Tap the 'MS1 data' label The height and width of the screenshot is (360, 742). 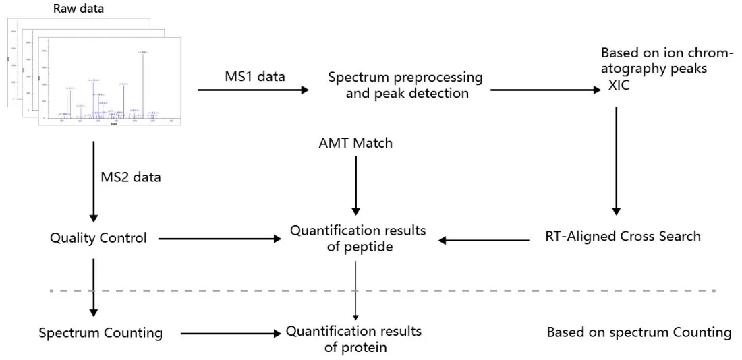[x=254, y=76]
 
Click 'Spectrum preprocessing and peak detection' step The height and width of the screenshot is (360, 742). [x=406, y=85]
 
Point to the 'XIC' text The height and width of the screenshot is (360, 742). [x=619, y=85]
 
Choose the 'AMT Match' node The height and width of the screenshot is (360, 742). [x=355, y=143]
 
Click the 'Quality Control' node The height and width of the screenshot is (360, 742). [x=98, y=237]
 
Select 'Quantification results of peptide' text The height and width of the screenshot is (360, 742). [x=358, y=239]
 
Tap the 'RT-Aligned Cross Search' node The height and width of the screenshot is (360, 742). [x=623, y=236]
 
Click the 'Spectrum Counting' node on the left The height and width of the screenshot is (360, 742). [x=101, y=332]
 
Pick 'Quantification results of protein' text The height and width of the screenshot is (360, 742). [x=353, y=338]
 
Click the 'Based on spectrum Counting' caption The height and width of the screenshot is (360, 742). [x=639, y=332]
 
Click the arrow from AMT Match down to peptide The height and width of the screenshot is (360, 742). [x=355, y=185]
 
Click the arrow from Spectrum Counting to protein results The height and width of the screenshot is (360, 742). [x=229, y=333]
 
